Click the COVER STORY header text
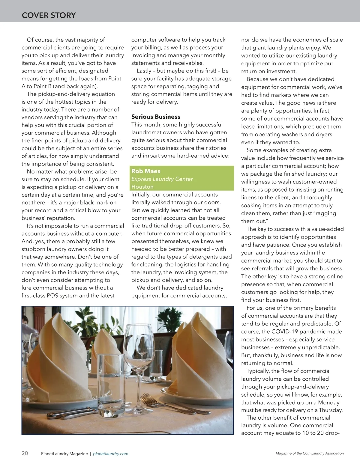coord(49,15)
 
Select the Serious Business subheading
coord(156,117)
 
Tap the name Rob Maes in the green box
coord(146,171)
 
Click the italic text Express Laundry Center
coord(162,179)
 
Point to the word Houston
coord(142,187)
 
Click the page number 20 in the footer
coord(25,453)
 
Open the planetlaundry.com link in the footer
coord(111,454)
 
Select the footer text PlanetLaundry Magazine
coord(64,454)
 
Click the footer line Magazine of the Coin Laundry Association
coord(310,453)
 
